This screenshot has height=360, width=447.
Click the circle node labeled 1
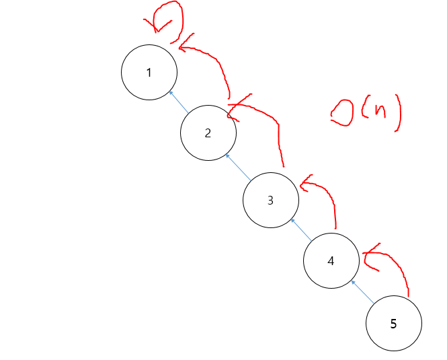(149, 73)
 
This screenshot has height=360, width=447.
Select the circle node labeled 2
(208, 133)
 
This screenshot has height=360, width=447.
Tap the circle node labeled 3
(270, 200)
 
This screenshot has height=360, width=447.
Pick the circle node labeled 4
(331, 261)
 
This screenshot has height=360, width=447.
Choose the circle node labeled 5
(393, 324)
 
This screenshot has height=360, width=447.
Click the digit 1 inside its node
(149, 73)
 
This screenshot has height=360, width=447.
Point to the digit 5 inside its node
(393, 324)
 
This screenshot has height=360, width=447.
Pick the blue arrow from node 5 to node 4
(362, 291)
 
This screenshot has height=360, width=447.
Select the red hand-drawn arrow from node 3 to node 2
(269, 121)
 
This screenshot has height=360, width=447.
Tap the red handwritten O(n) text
(366, 111)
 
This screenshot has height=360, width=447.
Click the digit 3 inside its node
(270, 200)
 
